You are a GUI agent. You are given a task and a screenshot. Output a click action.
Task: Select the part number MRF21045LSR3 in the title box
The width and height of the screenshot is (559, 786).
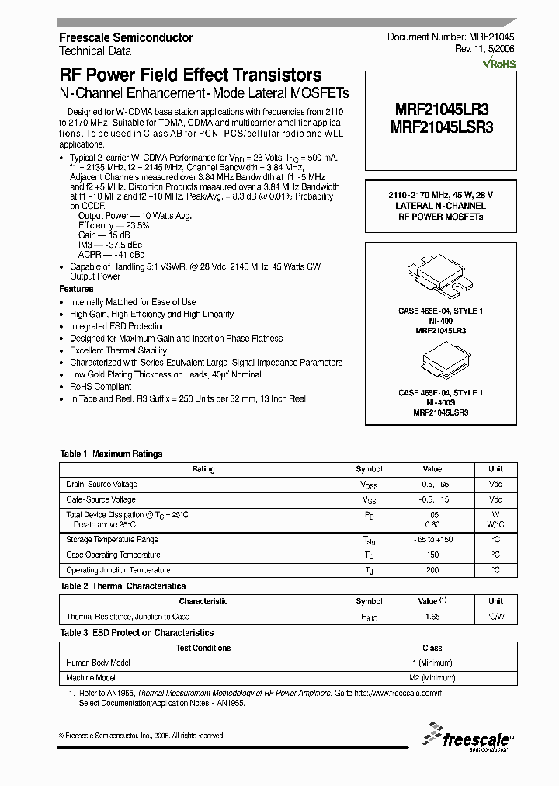pyautogui.click(x=441, y=127)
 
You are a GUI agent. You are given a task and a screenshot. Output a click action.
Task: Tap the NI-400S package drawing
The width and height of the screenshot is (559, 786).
pyautogui.click(x=440, y=362)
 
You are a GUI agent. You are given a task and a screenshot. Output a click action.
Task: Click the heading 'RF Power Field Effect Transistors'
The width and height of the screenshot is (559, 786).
pyautogui.click(x=190, y=75)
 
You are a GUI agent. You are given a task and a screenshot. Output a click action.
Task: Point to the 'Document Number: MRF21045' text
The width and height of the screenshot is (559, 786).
pyautogui.click(x=450, y=37)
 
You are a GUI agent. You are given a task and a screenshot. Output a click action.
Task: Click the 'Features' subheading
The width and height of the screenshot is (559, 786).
pyautogui.click(x=76, y=289)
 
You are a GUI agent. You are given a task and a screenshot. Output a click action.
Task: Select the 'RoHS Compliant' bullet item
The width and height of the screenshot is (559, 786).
pyautogui.click(x=100, y=387)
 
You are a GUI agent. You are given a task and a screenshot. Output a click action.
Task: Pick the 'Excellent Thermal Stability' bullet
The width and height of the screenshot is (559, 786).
pyautogui.click(x=118, y=350)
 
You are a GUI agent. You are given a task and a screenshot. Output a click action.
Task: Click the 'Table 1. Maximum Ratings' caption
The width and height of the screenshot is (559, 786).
pyautogui.click(x=111, y=454)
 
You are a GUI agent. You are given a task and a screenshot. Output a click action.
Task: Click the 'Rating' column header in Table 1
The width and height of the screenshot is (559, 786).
pyautogui.click(x=203, y=469)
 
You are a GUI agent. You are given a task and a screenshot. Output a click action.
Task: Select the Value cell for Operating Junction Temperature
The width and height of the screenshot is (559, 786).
pyautogui.click(x=432, y=570)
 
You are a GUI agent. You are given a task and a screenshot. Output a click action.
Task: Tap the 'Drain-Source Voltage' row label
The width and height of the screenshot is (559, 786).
pyautogui.click(x=101, y=485)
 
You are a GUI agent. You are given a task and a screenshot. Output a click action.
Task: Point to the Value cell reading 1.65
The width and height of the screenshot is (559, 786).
pyautogui.click(x=432, y=616)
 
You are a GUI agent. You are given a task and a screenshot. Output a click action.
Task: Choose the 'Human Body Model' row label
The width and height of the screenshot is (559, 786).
pyautogui.click(x=98, y=663)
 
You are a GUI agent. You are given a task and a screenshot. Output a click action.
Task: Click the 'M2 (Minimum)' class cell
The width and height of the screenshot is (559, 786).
pyautogui.click(x=432, y=678)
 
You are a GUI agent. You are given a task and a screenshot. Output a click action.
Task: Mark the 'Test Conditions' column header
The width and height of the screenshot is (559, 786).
pyautogui.click(x=203, y=648)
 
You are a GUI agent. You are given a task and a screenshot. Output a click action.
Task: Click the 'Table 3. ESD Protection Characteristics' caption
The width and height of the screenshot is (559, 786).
pyautogui.click(x=137, y=633)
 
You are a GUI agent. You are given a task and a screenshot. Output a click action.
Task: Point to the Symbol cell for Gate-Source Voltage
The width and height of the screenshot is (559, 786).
pyautogui.click(x=369, y=500)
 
